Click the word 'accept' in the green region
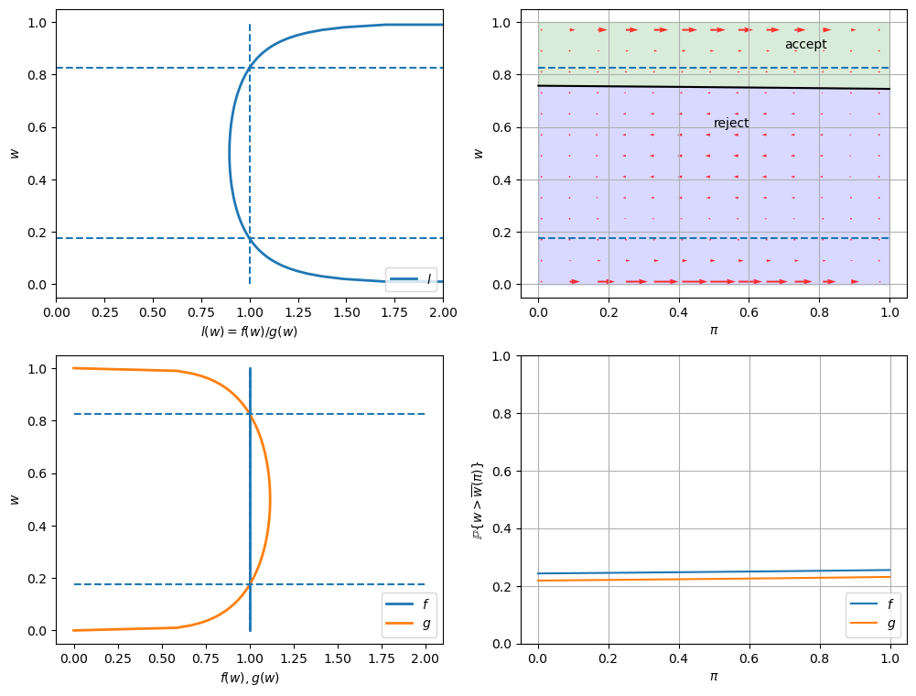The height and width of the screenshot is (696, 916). (x=805, y=45)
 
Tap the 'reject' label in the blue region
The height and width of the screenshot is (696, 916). (x=731, y=124)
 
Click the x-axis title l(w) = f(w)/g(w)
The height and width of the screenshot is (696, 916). (x=249, y=332)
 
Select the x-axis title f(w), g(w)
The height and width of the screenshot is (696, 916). (x=249, y=678)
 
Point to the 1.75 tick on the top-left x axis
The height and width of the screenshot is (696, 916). (x=394, y=313)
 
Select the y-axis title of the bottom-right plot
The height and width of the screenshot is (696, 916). (x=478, y=499)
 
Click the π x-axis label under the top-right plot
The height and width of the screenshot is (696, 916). (x=714, y=330)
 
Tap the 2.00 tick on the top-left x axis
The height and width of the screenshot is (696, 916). (x=443, y=313)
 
